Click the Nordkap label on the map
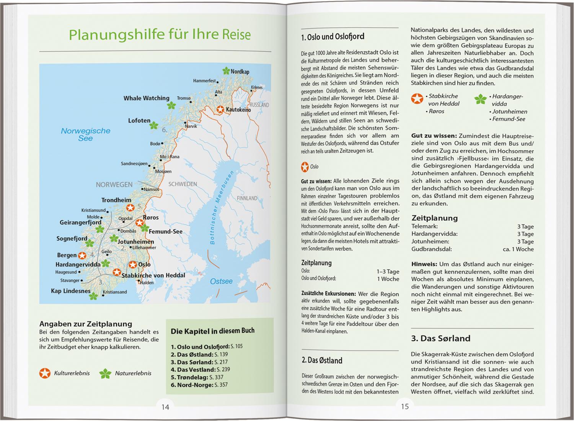(x=240, y=72)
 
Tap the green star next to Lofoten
(x=153, y=125)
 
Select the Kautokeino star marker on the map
(x=220, y=110)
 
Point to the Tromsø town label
(x=184, y=98)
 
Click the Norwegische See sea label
(x=85, y=134)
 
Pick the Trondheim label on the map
(x=116, y=200)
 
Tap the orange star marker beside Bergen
(x=82, y=256)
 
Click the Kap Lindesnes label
(x=71, y=291)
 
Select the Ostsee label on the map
(x=221, y=281)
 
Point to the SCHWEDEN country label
(x=183, y=184)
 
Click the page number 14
(x=165, y=407)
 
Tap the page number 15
(x=405, y=406)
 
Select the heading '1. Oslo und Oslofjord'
(x=333, y=37)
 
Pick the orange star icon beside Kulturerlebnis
(x=45, y=373)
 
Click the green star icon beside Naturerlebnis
(x=105, y=373)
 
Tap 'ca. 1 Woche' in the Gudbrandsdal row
(x=518, y=249)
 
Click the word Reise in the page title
(x=236, y=35)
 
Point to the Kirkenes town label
(x=257, y=87)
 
